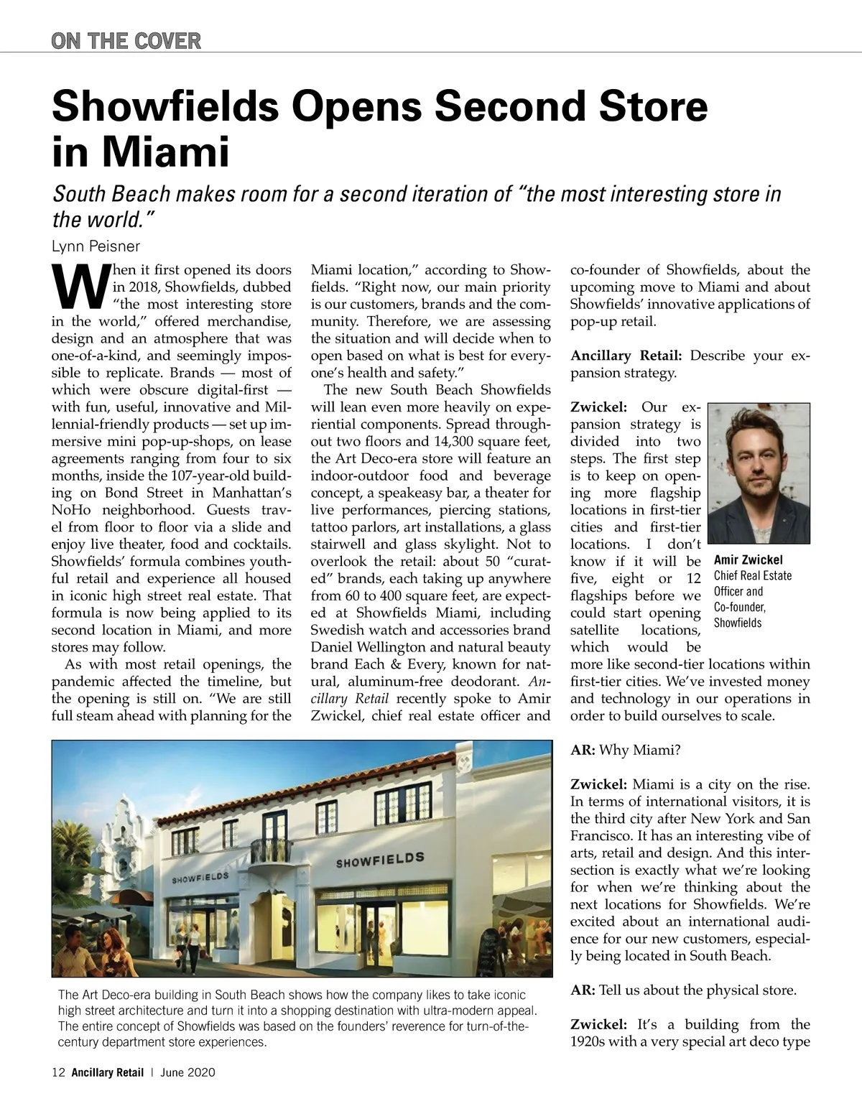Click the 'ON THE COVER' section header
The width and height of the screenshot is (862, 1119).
(126, 40)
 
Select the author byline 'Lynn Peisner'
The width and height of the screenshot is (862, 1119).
(96, 246)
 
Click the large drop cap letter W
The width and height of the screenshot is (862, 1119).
(79, 286)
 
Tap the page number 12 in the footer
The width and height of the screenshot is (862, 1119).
(58, 1073)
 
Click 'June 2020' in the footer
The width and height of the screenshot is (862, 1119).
(188, 1073)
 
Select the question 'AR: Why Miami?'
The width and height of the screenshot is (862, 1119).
(625, 750)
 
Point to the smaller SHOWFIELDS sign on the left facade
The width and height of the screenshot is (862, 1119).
(199, 877)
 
